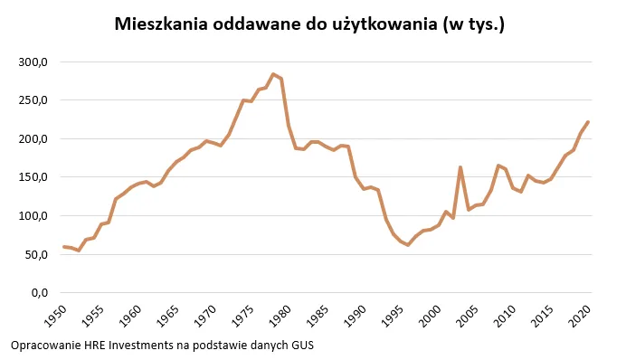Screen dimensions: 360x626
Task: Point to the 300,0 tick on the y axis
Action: tap(33, 62)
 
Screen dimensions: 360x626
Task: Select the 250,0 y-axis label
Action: tap(33, 100)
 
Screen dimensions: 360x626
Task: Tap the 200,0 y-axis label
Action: tap(33, 139)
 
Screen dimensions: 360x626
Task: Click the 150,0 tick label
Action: tap(33, 177)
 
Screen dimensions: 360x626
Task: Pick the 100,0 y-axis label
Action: tap(33, 216)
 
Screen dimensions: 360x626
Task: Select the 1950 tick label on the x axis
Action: tap(56, 317)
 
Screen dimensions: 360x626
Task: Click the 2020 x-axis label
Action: tap(580, 317)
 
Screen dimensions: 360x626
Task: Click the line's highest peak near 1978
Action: tap(273, 74)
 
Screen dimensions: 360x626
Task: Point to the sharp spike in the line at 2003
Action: tap(460, 167)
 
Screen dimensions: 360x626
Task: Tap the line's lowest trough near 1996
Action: tap(408, 245)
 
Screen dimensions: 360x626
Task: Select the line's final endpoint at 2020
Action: tap(588, 122)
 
